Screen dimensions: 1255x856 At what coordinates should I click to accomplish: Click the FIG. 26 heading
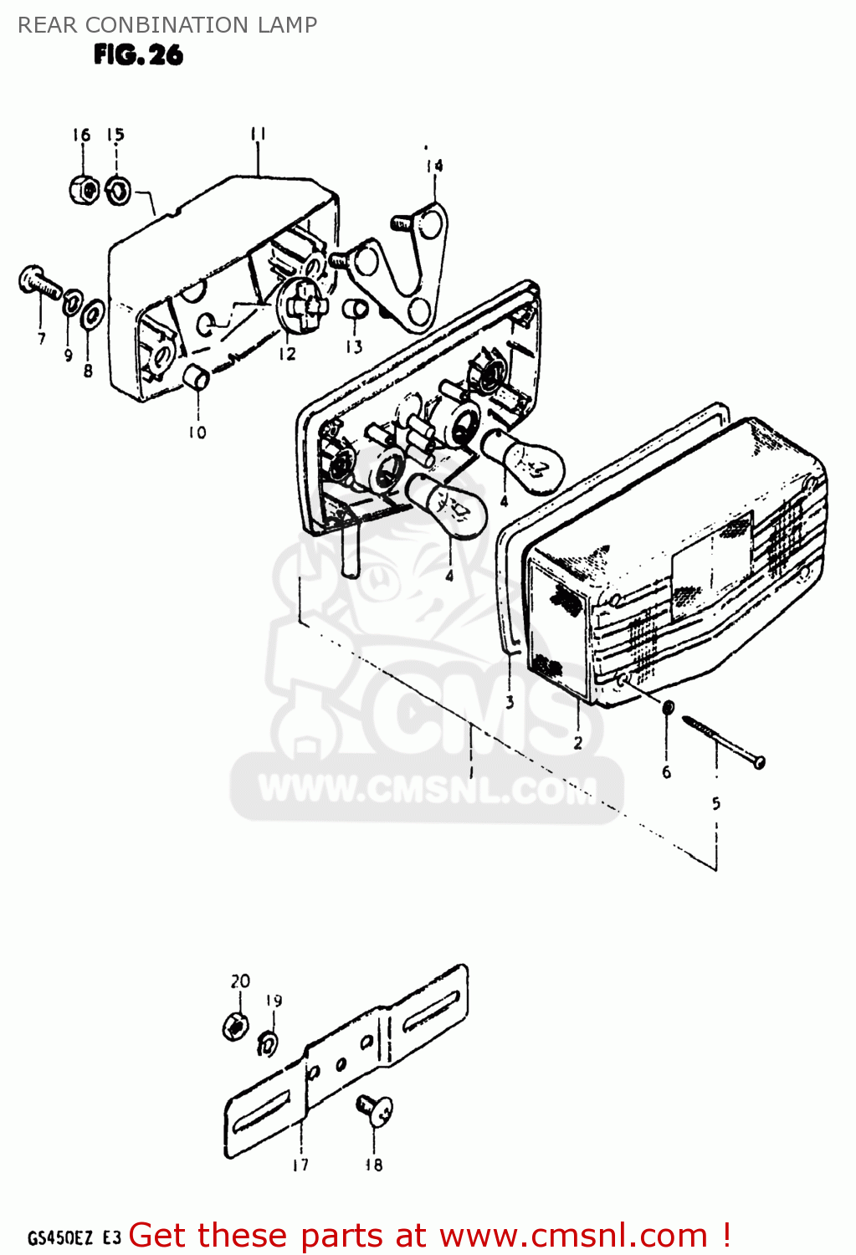click(x=138, y=55)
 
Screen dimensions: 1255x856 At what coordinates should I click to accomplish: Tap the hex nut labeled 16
click(x=84, y=189)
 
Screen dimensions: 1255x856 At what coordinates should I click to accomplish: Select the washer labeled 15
click(x=118, y=191)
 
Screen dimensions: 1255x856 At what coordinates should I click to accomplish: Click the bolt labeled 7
click(x=38, y=283)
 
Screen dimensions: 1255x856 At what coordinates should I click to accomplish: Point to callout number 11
click(x=258, y=134)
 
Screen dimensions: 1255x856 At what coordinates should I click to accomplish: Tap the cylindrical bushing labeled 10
click(x=197, y=376)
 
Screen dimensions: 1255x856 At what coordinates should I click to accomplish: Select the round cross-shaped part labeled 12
click(x=301, y=305)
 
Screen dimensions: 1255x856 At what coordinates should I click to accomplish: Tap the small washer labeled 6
click(x=668, y=708)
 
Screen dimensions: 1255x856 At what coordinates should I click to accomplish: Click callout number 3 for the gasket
click(x=510, y=703)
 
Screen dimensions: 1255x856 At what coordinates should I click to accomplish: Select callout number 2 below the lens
click(x=577, y=742)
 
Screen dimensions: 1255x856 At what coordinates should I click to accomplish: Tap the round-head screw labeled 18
click(x=376, y=1109)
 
